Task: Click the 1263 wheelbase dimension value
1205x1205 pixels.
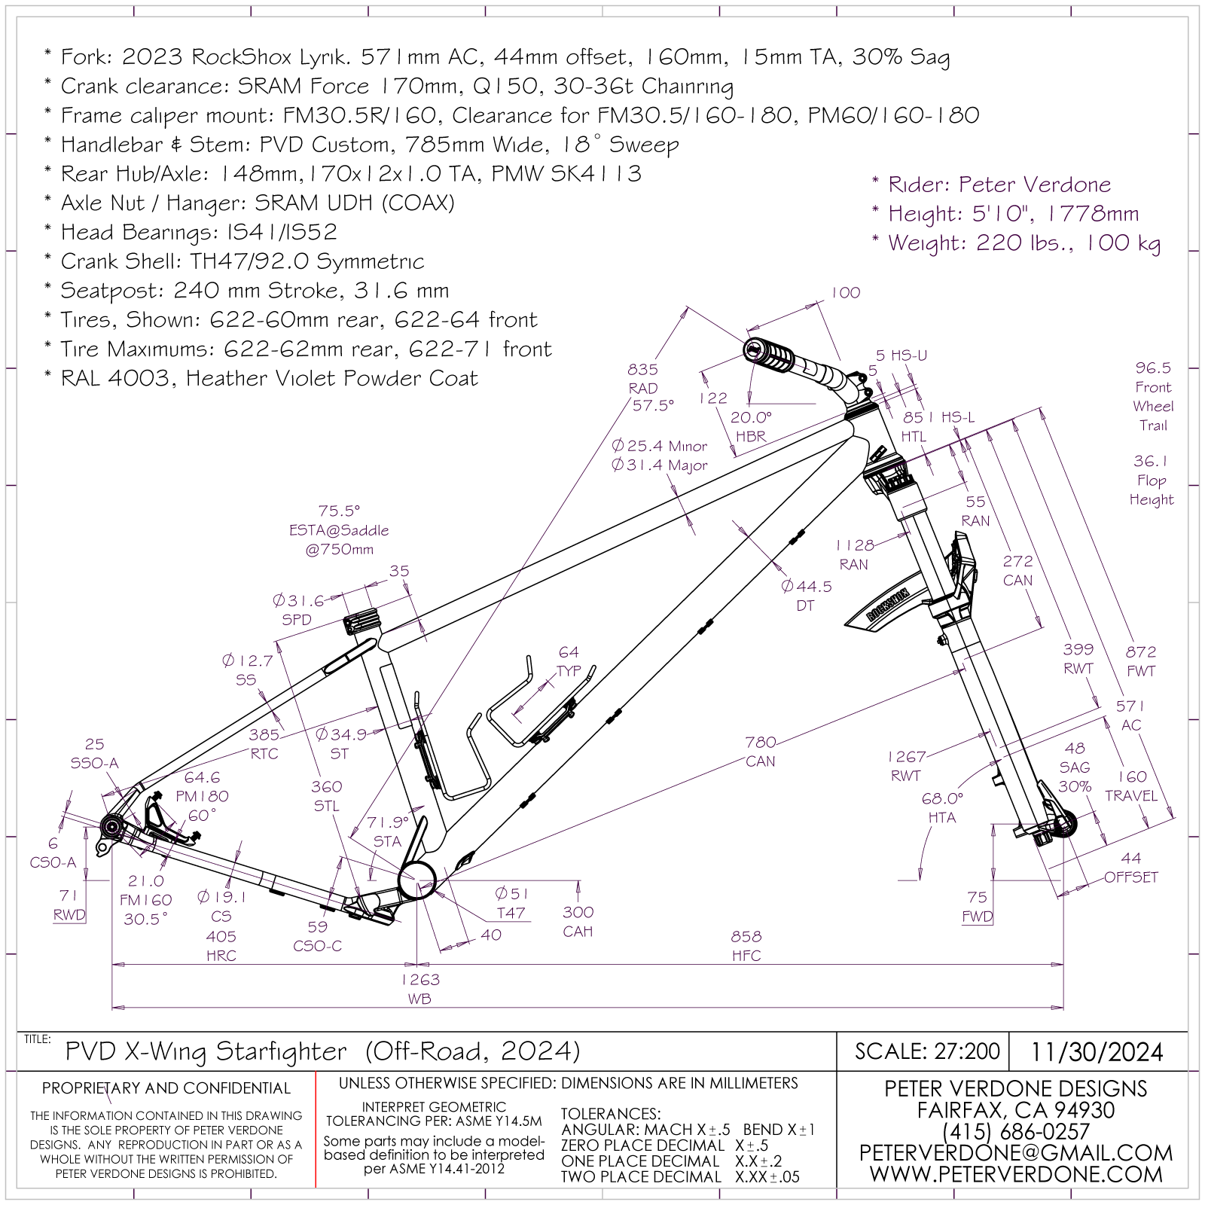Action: [419, 980]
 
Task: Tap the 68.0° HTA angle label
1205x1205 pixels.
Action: [942, 798]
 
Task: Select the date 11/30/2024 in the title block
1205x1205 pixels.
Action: [1097, 1051]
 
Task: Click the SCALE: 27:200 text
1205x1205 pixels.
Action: [927, 1051]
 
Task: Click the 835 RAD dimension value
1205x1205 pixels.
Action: [642, 369]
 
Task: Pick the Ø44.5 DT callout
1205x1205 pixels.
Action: [806, 586]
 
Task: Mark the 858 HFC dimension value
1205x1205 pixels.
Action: [746, 937]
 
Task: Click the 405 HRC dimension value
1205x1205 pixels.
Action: [221, 936]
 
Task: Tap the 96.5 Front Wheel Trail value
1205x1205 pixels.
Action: [1153, 368]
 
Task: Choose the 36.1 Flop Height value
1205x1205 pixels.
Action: [1150, 461]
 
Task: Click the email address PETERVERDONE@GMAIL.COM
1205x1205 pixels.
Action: [1015, 1153]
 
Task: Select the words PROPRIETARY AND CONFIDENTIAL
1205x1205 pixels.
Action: [166, 1088]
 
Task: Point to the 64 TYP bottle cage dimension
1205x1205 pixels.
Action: [569, 652]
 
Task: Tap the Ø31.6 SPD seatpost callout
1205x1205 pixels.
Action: [298, 601]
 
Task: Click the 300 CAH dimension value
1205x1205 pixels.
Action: [578, 912]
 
